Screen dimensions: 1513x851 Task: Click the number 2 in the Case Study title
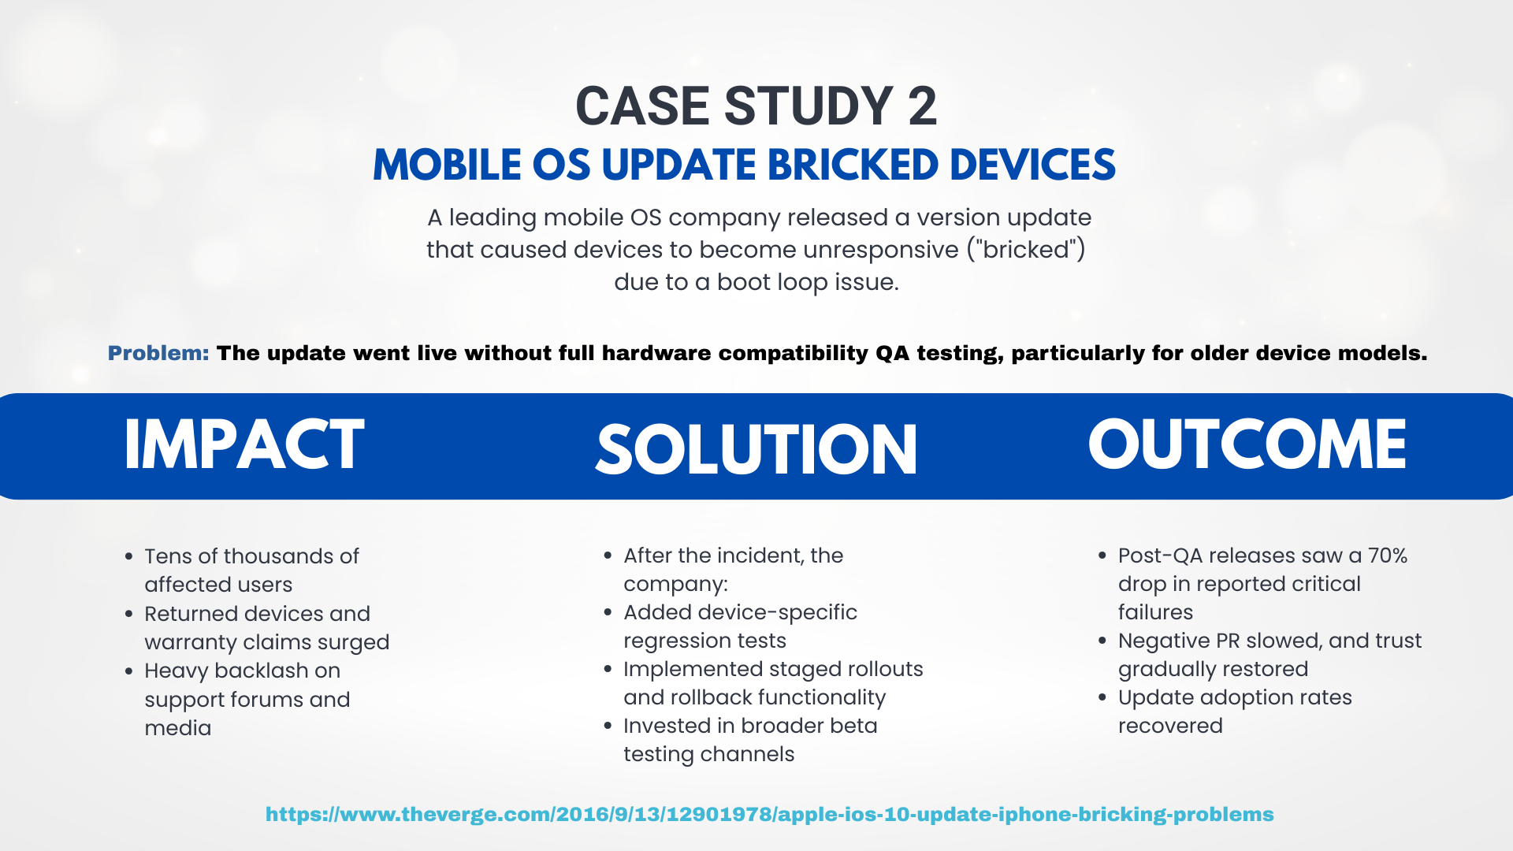(x=923, y=106)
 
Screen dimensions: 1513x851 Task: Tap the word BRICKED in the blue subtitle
(x=853, y=165)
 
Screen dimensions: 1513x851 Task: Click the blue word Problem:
(x=158, y=353)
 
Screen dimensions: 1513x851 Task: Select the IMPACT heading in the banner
(x=244, y=444)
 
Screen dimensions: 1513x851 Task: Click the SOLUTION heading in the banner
(x=756, y=450)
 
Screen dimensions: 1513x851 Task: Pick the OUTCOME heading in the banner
(x=1247, y=444)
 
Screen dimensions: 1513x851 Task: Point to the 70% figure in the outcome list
(x=1388, y=556)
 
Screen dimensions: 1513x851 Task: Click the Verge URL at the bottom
(x=769, y=814)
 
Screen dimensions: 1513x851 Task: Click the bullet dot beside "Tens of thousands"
(x=128, y=557)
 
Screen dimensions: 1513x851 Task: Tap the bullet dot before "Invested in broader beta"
(x=608, y=726)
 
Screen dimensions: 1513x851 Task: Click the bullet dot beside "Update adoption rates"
(x=1102, y=697)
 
